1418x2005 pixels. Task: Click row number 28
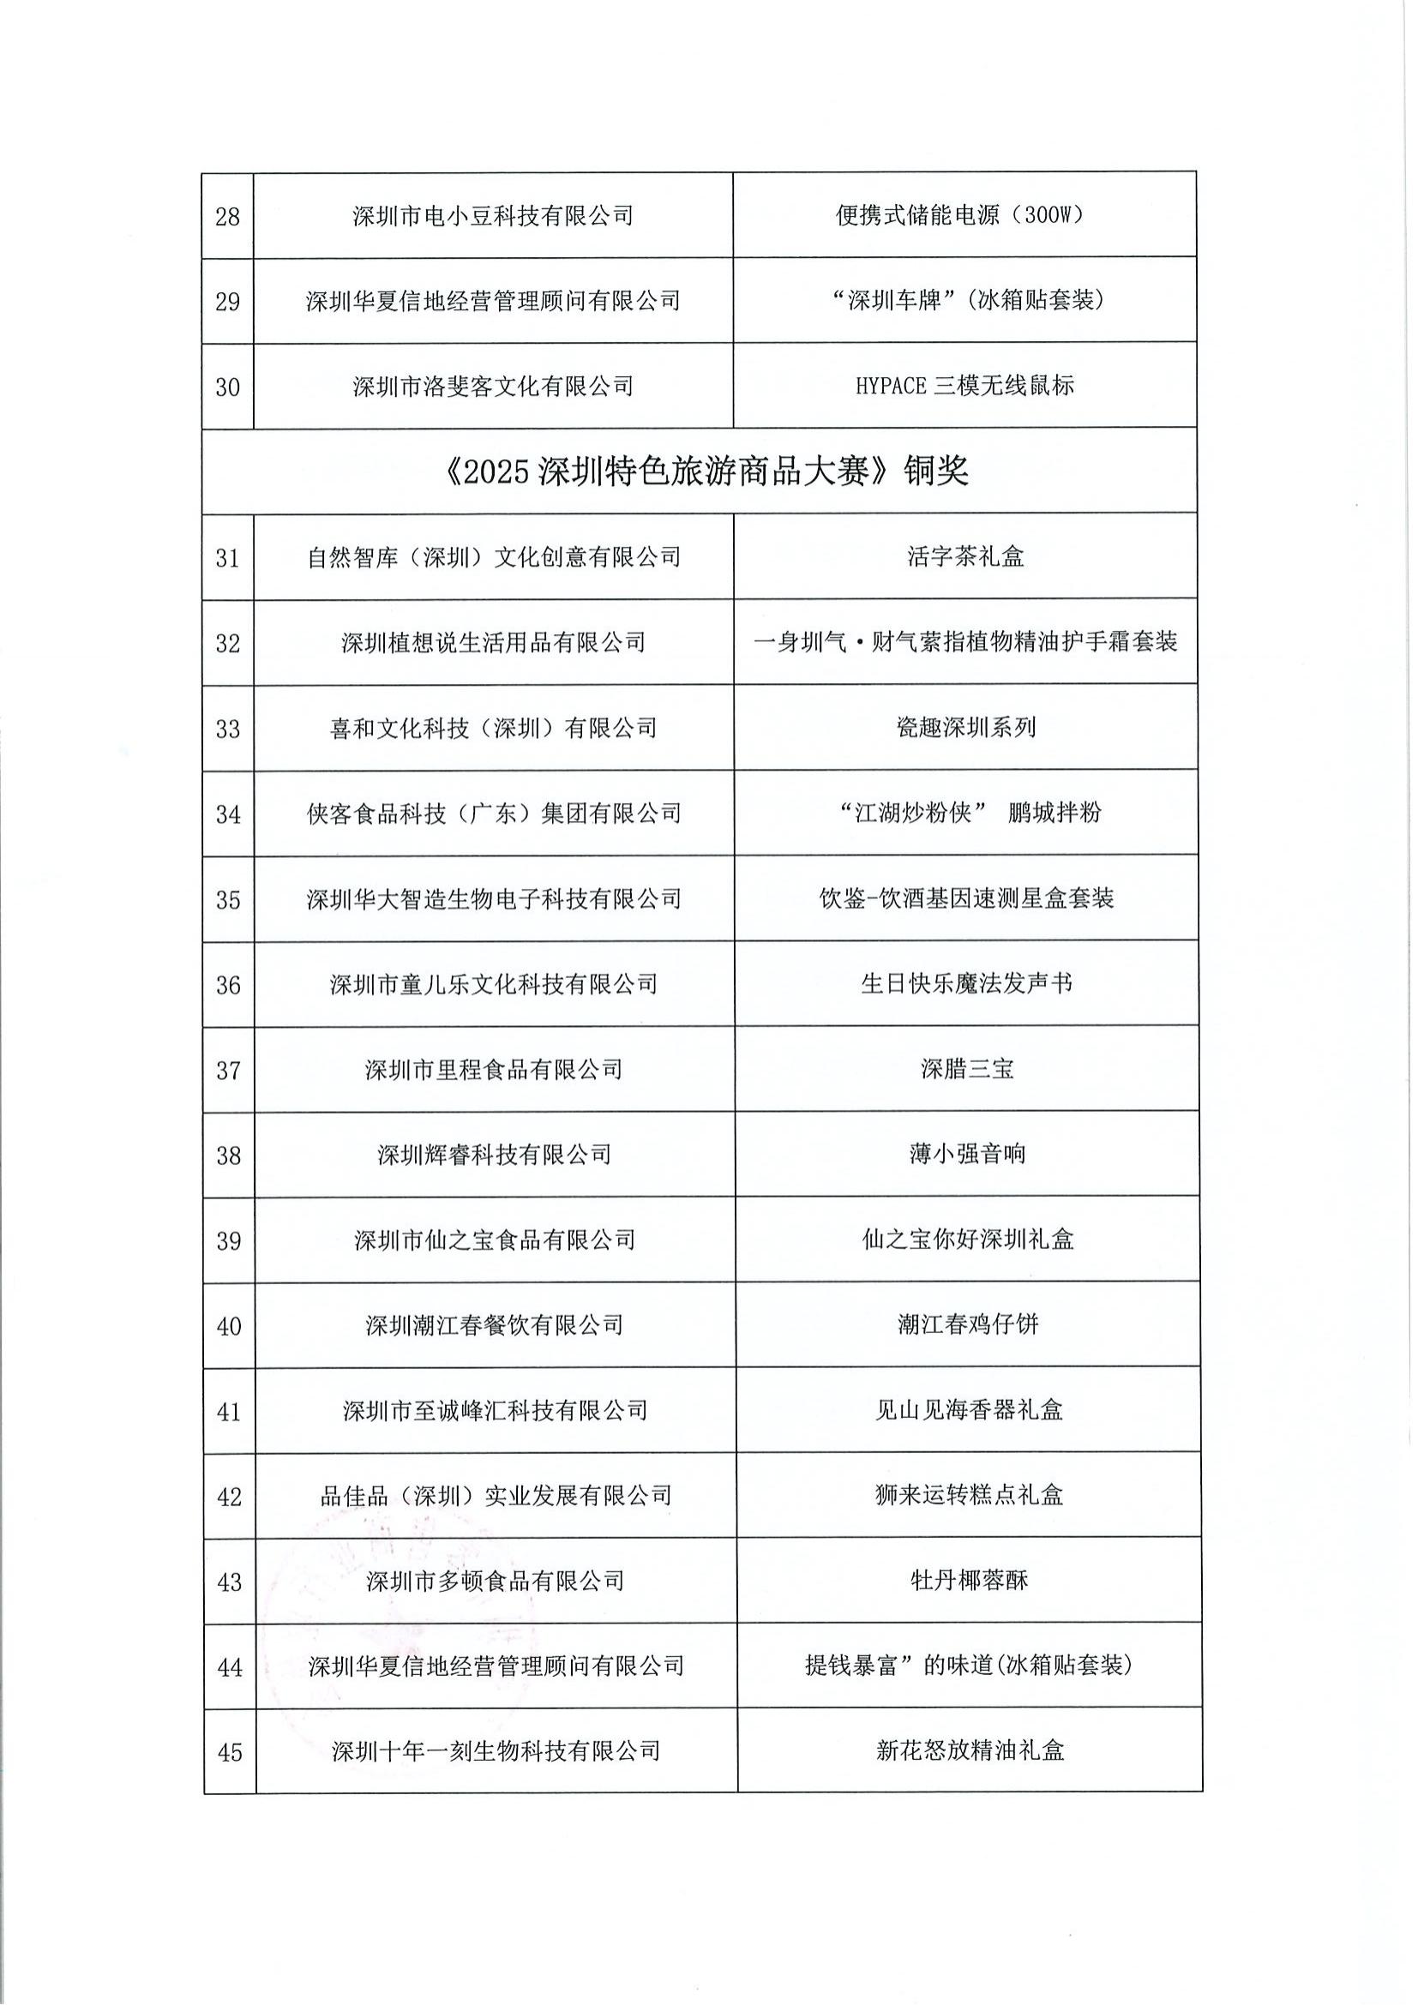pyautogui.click(x=227, y=216)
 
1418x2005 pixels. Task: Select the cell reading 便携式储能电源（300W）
pyautogui.click(x=964, y=215)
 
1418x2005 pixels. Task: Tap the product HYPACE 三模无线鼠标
pyautogui.click(x=964, y=385)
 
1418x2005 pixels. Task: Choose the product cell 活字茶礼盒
pyautogui.click(x=964, y=556)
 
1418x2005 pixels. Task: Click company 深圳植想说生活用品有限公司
pyautogui.click(x=493, y=643)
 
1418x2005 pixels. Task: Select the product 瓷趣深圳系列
pyautogui.click(x=965, y=728)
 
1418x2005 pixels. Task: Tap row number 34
pyautogui.click(x=228, y=813)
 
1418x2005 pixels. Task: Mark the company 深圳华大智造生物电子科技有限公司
pyautogui.click(x=493, y=898)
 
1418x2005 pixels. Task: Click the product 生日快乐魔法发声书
pyautogui.click(x=966, y=984)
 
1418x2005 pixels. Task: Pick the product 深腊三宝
pyautogui.click(x=966, y=1069)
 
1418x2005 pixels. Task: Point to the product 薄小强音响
pyautogui.click(x=966, y=1155)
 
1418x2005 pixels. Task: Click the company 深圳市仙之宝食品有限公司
pyautogui.click(x=494, y=1240)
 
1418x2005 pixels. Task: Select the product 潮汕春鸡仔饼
pyautogui.click(x=967, y=1324)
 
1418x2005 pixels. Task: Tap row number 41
pyautogui.click(x=229, y=1411)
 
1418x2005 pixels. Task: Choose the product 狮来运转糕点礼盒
pyautogui.click(x=968, y=1495)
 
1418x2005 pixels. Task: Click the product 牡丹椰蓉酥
pyautogui.click(x=968, y=1581)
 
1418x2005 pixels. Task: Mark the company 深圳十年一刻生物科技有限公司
pyautogui.click(x=495, y=1751)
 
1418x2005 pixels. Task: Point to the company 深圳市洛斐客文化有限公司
pyautogui.click(x=492, y=386)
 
